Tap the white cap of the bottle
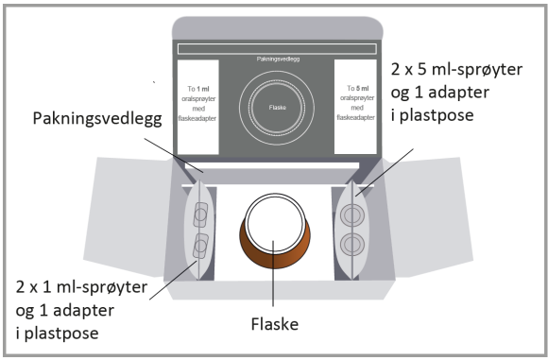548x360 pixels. [x=275, y=223]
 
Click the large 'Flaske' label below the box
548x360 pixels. [x=275, y=324]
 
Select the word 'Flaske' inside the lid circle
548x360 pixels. [x=278, y=108]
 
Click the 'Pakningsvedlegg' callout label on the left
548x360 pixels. [x=97, y=120]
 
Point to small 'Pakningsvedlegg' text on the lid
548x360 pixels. [x=278, y=59]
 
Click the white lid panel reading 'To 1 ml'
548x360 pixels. [x=197, y=107]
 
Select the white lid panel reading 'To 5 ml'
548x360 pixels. [x=355, y=107]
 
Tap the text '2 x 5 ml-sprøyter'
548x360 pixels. [x=456, y=70]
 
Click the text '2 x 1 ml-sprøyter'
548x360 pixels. [x=81, y=287]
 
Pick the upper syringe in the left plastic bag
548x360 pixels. [x=200, y=214]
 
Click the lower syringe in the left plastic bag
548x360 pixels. [x=200, y=246]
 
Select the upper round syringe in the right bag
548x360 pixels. [x=352, y=215]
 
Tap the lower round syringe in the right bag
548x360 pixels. [x=352, y=245]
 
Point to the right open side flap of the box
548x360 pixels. [x=428, y=216]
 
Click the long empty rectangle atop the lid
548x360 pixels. [x=277, y=48]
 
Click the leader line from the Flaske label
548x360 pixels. [x=273, y=273]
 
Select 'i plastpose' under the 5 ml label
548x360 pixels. [x=433, y=115]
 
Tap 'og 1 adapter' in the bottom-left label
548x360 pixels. [x=65, y=310]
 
